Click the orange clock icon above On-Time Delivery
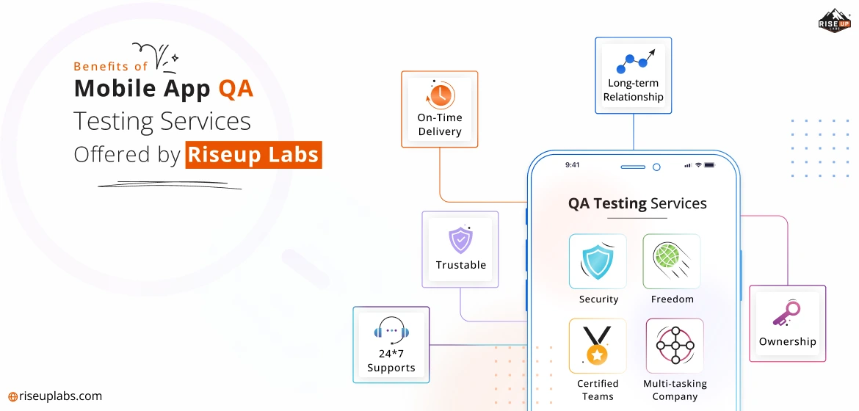(440, 95)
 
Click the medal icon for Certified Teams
(597, 346)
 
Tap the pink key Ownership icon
(786, 313)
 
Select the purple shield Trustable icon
(460, 239)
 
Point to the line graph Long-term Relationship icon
(633, 62)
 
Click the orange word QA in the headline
(236, 89)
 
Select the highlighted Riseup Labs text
(253, 155)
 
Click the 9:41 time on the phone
(573, 165)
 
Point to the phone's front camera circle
(656, 167)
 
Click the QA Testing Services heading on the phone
(637, 203)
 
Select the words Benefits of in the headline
(110, 66)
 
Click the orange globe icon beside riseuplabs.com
(12, 397)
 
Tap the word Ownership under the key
(787, 341)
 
